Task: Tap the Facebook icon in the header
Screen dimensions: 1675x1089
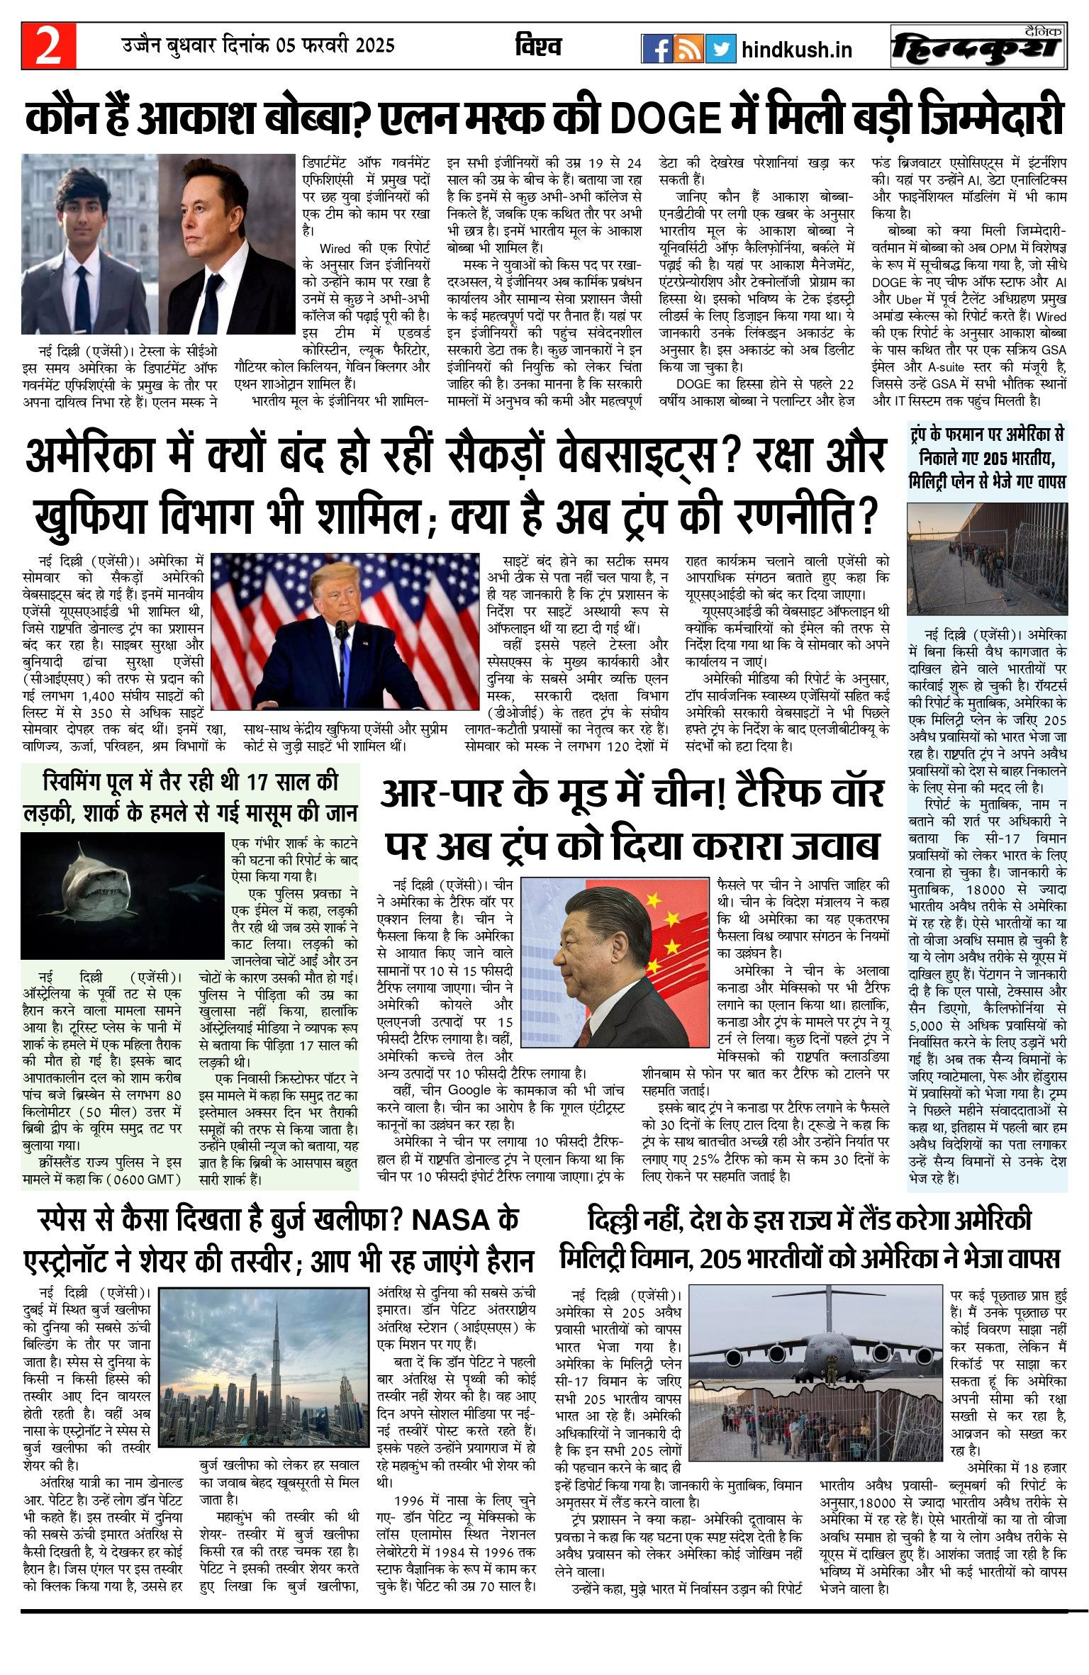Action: [x=657, y=48]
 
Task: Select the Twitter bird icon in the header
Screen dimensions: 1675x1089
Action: [x=720, y=48]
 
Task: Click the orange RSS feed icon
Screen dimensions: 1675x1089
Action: [x=688, y=48]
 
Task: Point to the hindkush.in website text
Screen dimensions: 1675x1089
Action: [x=796, y=50]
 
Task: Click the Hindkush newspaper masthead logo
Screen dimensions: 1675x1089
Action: [x=978, y=47]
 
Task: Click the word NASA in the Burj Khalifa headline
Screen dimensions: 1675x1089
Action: [x=451, y=1221]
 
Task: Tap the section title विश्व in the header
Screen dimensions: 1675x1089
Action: [x=538, y=47]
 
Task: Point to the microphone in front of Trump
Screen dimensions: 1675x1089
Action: [x=342, y=630]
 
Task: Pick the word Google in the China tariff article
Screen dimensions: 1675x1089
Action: [x=469, y=1090]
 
